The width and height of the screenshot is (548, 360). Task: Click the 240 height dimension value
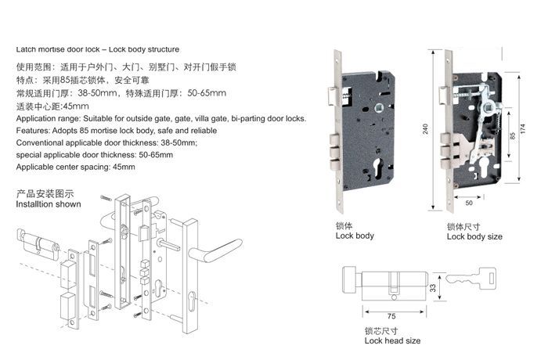pyautogui.click(x=425, y=129)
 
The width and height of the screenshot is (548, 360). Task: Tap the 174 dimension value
pyautogui.click(x=522, y=128)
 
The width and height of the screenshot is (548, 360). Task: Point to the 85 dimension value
pyautogui.click(x=512, y=135)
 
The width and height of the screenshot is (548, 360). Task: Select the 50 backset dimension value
pyautogui.click(x=469, y=203)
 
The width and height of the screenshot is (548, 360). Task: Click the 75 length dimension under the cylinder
pyautogui.click(x=391, y=316)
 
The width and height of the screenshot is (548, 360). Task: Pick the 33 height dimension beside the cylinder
pyautogui.click(x=433, y=288)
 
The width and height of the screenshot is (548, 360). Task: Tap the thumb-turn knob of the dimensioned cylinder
pyautogui.click(x=350, y=280)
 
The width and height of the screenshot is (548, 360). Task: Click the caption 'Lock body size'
pyautogui.click(x=474, y=236)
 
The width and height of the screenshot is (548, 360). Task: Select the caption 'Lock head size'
pyautogui.click(x=392, y=340)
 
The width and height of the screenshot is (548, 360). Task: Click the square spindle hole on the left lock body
pyautogui.click(x=379, y=108)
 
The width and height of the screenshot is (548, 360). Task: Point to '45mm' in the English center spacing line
pyautogui.click(x=124, y=167)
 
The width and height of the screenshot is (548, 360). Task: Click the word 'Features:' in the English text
pyautogui.click(x=33, y=131)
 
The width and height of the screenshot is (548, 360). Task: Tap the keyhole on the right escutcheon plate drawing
pyautogui.click(x=192, y=301)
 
